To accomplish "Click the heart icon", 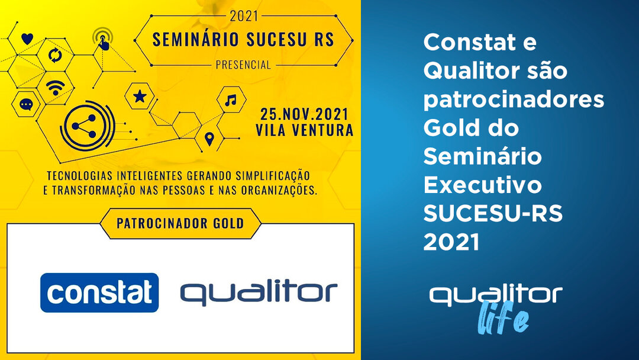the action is pyautogui.click(x=27, y=38).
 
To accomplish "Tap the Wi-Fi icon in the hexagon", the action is pyautogui.click(x=56, y=88).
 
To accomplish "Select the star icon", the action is pyautogui.click(x=140, y=97).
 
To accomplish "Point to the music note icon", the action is pyautogui.click(x=231, y=100).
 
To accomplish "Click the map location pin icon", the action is pyautogui.click(x=209, y=139).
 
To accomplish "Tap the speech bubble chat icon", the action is pyautogui.click(x=26, y=105).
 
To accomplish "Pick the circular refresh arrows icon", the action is pyautogui.click(x=55, y=55).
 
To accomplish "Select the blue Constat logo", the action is pyautogui.click(x=99, y=292).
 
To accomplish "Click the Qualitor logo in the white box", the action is pyautogui.click(x=259, y=293).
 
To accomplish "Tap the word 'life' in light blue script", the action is pyautogui.click(x=504, y=317).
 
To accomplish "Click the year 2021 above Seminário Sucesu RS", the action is pyautogui.click(x=244, y=17).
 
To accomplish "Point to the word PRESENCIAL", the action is pyautogui.click(x=243, y=65).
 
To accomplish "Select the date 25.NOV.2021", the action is pyautogui.click(x=305, y=114).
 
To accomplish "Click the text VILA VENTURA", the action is pyautogui.click(x=305, y=130).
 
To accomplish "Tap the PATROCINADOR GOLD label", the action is pyautogui.click(x=180, y=223).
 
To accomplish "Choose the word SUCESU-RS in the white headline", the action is pyautogui.click(x=493, y=213).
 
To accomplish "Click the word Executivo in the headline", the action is pyautogui.click(x=483, y=185).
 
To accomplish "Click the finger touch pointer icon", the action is pyautogui.click(x=103, y=40).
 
